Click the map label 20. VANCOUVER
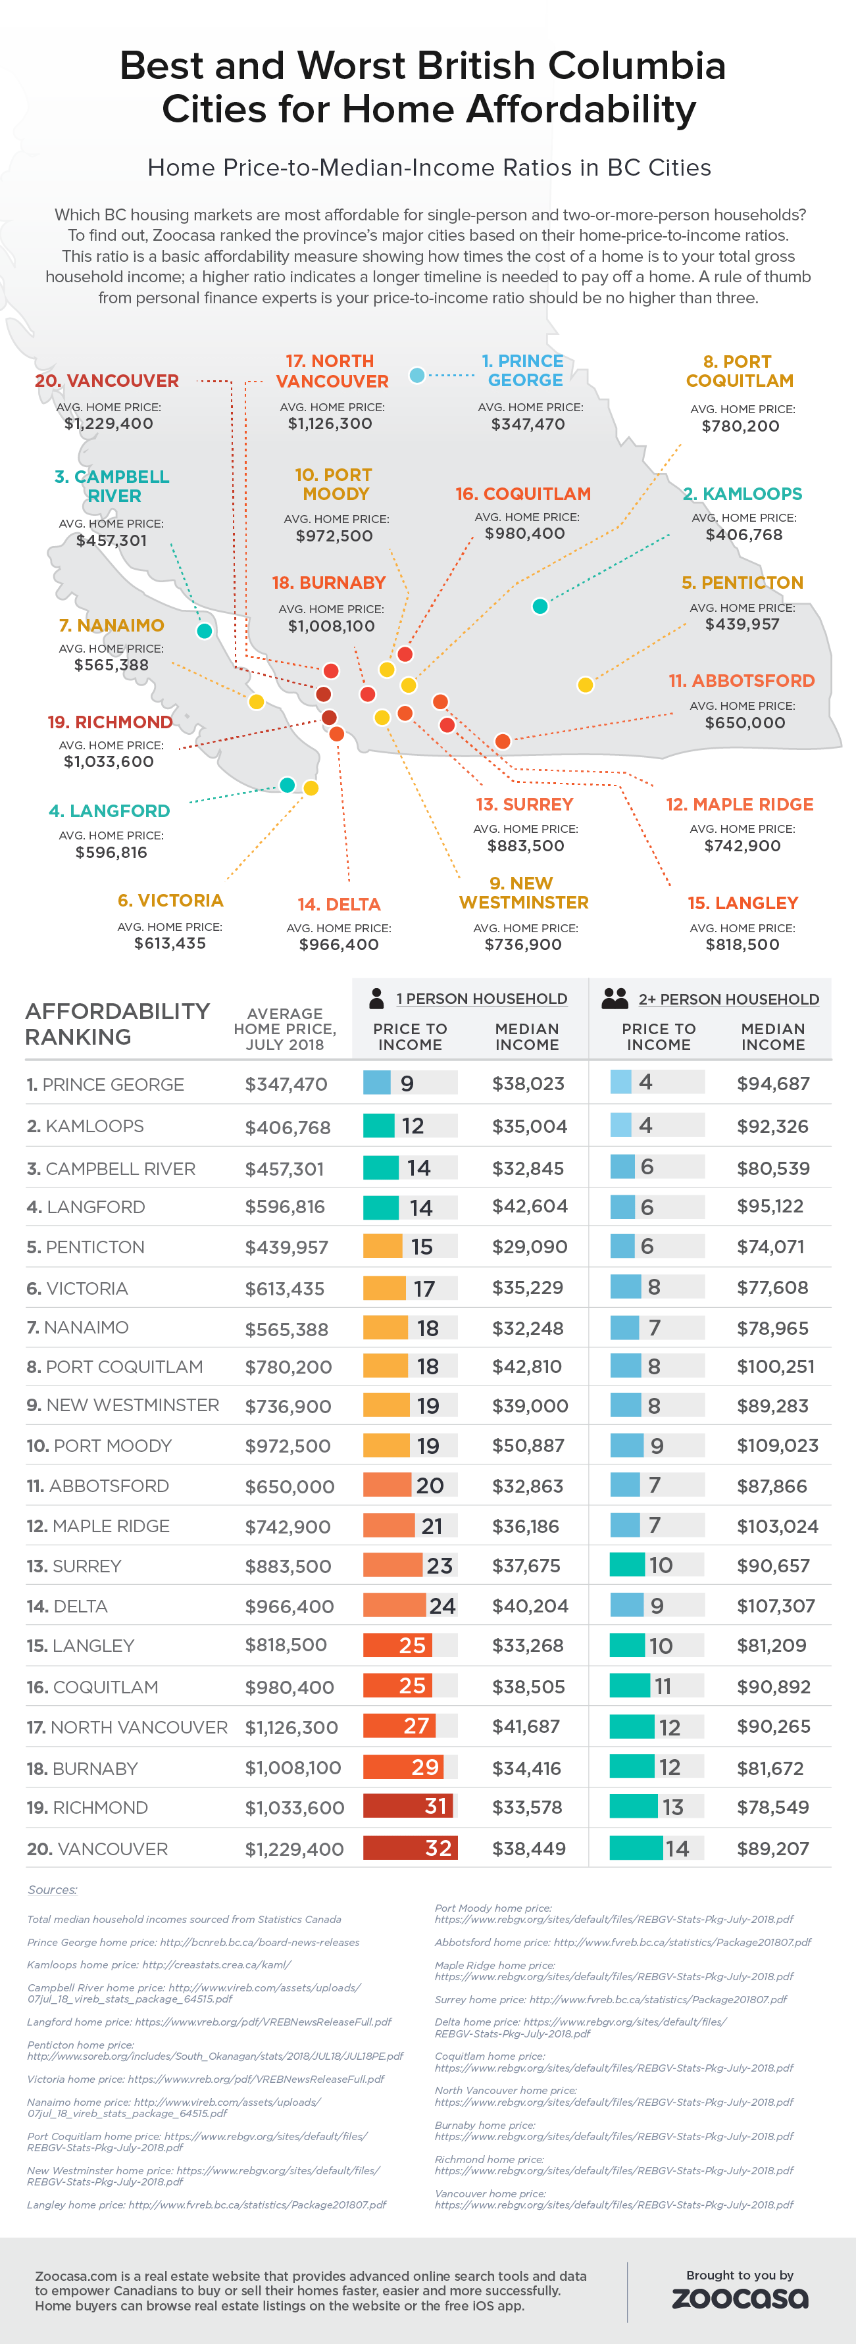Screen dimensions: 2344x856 pos(107,380)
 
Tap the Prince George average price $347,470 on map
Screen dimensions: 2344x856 pos(528,424)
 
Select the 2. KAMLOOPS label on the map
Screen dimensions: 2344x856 pos(742,494)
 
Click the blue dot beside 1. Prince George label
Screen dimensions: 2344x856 pos(416,375)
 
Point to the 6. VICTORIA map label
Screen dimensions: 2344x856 pos(170,900)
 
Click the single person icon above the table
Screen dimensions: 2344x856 pos(376,998)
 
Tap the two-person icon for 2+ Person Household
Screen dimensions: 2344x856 pos(615,998)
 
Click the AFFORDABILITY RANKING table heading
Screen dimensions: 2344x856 pos(116,1024)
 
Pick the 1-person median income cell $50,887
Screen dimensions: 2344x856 pos(528,1445)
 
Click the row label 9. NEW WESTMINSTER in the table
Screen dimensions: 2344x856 pos(123,1405)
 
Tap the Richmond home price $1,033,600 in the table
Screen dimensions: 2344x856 pos(294,1807)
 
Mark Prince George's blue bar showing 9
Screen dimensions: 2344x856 pos(378,1083)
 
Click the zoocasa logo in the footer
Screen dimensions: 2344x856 pos(740,2299)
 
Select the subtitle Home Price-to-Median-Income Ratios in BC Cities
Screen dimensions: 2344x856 pos(428,167)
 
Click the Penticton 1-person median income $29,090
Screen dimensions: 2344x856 pos(528,1247)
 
